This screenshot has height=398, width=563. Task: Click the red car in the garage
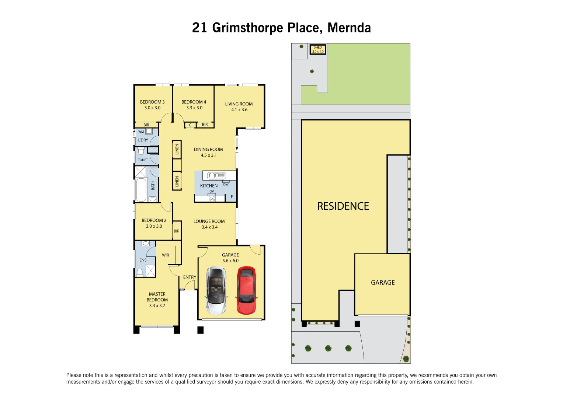click(x=246, y=290)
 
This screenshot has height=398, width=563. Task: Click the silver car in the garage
click(x=216, y=290)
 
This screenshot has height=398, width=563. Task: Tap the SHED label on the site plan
click(x=318, y=48)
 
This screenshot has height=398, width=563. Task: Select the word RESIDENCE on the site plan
click(x=343, y=206)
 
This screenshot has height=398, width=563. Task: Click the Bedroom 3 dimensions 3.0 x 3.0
click(x=152, y=108)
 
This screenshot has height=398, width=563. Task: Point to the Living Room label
click(x=239, y=104)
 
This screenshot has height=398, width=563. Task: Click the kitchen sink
click(x=216, y=176)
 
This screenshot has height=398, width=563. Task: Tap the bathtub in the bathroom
click(x=141, y=190)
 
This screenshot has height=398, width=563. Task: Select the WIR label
click(x=166, y=255)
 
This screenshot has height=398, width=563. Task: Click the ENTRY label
click(x=190, y=277)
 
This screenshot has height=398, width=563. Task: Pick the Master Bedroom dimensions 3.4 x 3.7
click(x=157, y=306)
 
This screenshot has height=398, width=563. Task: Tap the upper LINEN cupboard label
click(x=177, y=149)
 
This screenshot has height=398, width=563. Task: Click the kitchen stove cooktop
click(x=212, y=198)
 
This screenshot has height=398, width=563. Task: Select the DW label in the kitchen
click(x=226, y=184)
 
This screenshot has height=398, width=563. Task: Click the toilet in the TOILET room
click(x=141, y=151)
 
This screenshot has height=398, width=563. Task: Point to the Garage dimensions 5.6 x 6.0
click(x=230, y=261)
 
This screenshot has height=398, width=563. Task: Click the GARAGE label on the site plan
click(x=383, y=283)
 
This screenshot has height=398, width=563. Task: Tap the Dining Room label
click(x=208, y=150)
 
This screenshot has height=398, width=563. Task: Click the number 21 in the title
click(x=199, y=28)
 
